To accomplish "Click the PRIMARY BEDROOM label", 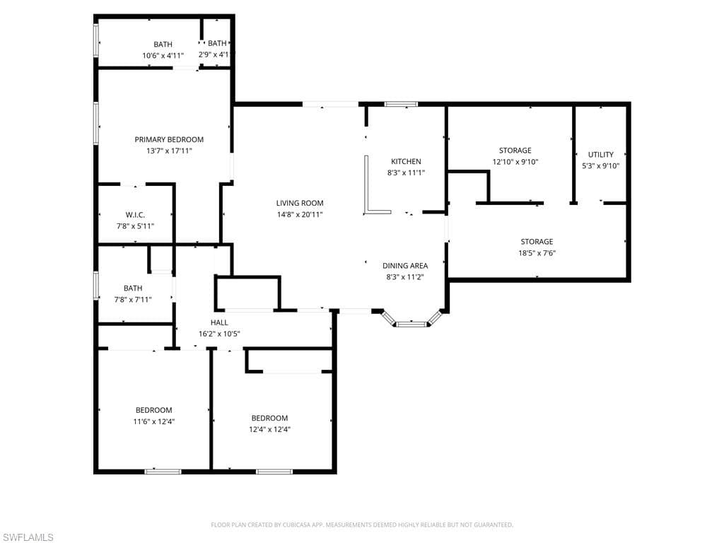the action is coord(169,139).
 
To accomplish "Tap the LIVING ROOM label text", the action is coord(300,203).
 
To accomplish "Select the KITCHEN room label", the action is coord(406,162).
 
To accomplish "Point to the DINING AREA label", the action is coord(405,266).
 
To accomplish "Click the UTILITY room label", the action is coord(601,155).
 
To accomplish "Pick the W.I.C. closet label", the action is coord(135,215).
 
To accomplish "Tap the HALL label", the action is coord(219,322).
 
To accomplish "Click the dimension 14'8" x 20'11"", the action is coord(300,215).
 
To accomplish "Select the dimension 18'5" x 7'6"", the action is coord(537,253).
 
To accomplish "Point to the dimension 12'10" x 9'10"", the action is coord(515,162).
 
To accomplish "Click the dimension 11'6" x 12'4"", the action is coord(153,421).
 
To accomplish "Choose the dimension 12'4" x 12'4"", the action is coord(269,429).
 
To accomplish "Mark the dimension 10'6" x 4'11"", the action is coord(163,56).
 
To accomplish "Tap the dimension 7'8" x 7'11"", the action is coord(133,300).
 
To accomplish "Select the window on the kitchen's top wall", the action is coord(401,105).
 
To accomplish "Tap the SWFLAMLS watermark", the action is coord(27,537).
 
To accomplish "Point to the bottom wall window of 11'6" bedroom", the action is coord(163,472).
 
